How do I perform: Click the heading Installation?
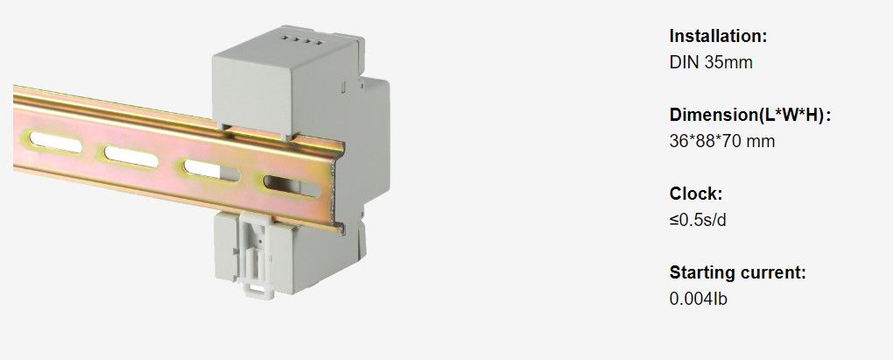(x=718, y=37)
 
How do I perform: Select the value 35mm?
(x=728, y=62)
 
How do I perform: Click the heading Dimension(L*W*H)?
(x=749, y=116)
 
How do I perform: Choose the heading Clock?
(x=695, y=194)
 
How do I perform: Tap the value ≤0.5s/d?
(x=698, y=220)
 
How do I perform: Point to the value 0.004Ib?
(x=698, y=299)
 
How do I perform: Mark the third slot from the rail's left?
(x=203, y=167)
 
